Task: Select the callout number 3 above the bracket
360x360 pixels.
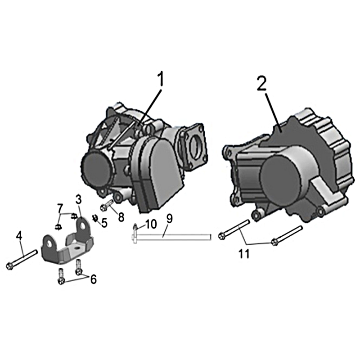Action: click(78, 200)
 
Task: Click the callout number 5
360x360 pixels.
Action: click(104, 223)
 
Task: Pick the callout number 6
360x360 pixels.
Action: click(93, 279)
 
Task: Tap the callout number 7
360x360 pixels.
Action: click(60, 208)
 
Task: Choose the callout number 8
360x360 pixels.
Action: click(121, 217)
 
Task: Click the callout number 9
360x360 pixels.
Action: click(169, 219)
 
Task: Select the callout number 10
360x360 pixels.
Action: click(151, 224)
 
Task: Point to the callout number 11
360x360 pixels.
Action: click(243, 254)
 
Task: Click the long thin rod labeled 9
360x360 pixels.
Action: click(171, 237)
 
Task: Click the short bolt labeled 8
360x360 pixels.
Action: click(107, 205)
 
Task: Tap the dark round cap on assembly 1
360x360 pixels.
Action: click(95, 167)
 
